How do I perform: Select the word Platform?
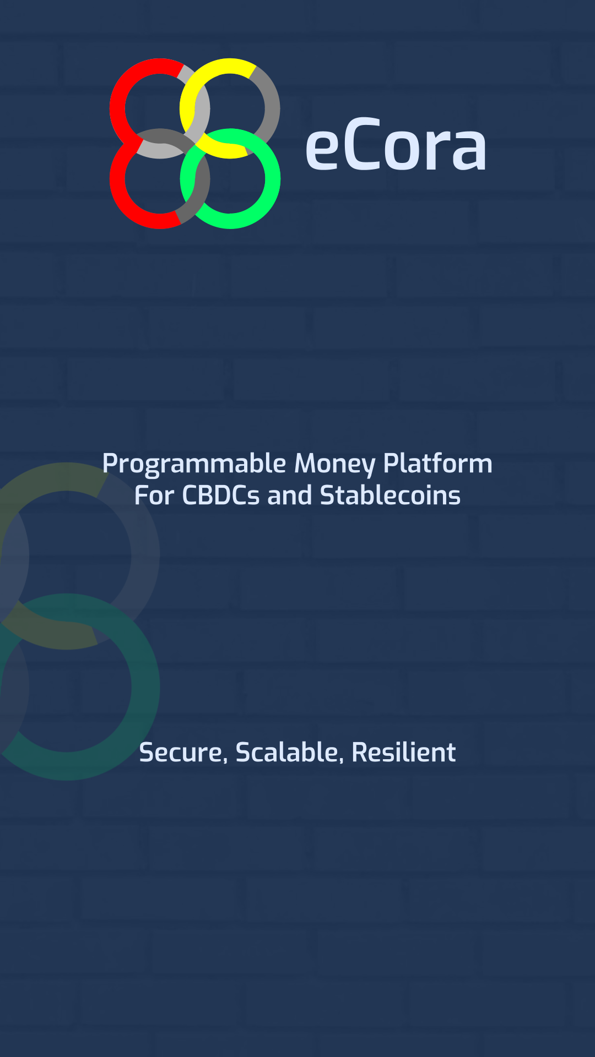[438, 463]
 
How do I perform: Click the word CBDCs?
[221, 495]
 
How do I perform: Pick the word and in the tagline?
[290, 495]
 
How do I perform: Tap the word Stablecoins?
[391, 495]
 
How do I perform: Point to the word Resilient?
[404, 752]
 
